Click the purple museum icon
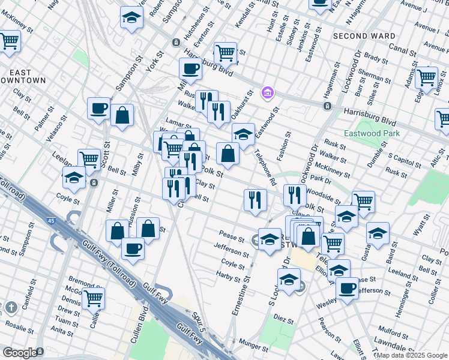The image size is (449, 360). tap(268, 93)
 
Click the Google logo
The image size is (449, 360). tap(20, 352)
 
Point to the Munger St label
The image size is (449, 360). tap(253, 347)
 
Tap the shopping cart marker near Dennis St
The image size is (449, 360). tap(93, 298)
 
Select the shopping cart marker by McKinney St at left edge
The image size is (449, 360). tap(9, 41)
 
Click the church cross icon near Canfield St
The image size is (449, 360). tap(11, 308)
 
